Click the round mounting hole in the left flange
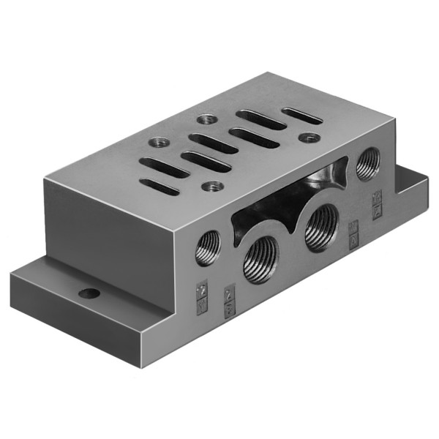coord(90,293)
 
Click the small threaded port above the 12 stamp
coord(208,247)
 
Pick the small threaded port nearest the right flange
coord(367,164)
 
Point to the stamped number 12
coord(203,290)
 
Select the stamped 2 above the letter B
coord(228,296)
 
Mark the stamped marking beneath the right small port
coord(378,205)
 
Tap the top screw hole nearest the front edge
coord(212,187)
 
